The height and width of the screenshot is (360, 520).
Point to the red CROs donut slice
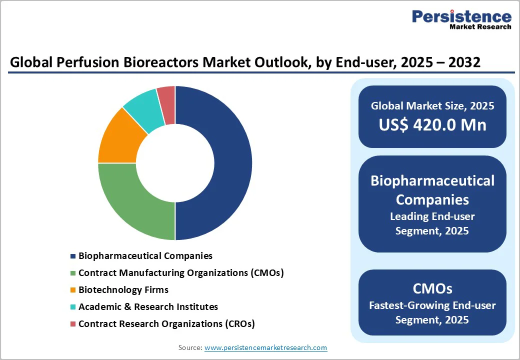click(x=167, y=97)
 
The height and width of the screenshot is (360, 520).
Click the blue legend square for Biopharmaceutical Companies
click(x=73, y=256)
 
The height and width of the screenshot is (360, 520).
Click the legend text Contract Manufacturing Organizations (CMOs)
click(x=181, y=273)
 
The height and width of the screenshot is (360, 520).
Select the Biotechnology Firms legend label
click(x=123, y=290)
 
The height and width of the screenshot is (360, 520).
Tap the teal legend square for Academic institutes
click(x=73, y=307)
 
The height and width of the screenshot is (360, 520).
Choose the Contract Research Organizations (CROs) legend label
click(x=166, y=324)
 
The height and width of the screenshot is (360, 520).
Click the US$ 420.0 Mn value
click(x=432, y=125)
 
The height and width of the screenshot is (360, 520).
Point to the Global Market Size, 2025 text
click(x=432, y=105)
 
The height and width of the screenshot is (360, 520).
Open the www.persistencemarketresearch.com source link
click(x=265, y=347)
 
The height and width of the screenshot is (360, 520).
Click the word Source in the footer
click(x=190, y=347)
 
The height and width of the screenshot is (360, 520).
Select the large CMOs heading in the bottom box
click(x=432, y=288)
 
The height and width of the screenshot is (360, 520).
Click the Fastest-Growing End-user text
click(x=432, y=305)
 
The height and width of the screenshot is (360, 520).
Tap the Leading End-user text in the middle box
click(x=432, y=216)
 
